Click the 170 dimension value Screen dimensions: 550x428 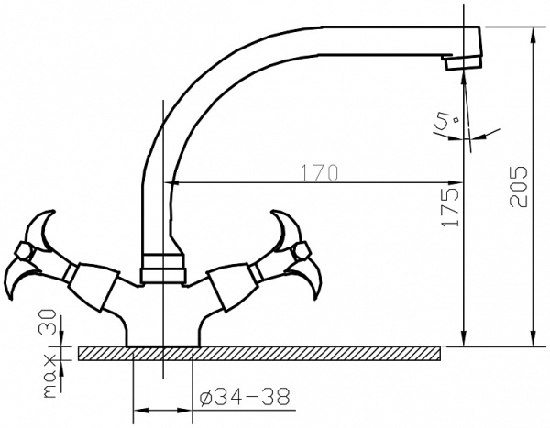click(320, 173)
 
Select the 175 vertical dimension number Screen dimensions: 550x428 click(451, 207)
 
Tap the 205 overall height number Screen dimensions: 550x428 click(519, 186)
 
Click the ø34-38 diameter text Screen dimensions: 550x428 click(245, 397)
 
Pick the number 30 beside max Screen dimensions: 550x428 click(49, 322)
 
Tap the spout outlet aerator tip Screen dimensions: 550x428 click(463, 63)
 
